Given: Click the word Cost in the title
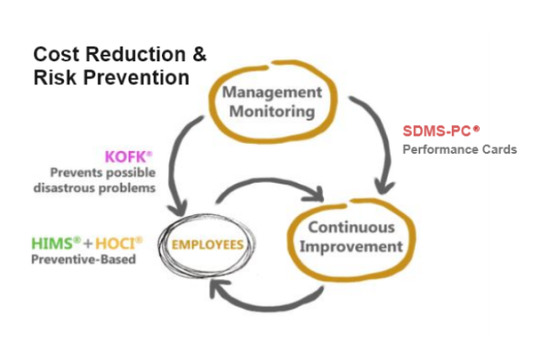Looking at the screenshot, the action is click(x=57, y=54).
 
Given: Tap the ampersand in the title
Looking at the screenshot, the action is click(x=200, y=54).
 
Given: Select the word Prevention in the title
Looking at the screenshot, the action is click(x=137, y=77).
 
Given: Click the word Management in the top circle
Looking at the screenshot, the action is click(x=273, y=92).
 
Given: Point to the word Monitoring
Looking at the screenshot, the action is click(x=273, y=112).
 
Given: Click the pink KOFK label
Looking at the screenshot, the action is click(x=128, y=157).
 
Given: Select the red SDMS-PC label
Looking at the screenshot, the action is click(x=441, y=131).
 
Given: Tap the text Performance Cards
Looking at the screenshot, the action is click(x=460, y=149).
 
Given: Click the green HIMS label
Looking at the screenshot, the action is click(x=56, y=243).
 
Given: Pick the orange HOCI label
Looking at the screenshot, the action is click(x=119, y=243).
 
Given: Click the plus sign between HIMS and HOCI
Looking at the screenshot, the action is click(x=88, y=244).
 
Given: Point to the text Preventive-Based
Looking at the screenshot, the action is click(x=84, y=259).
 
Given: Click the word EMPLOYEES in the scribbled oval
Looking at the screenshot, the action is click(x=208, y=245).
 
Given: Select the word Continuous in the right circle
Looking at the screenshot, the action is click(x=351, y=228).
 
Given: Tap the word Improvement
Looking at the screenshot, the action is click(x=351, y=247).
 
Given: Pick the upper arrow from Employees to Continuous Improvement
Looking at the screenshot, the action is click(x=272, y=180).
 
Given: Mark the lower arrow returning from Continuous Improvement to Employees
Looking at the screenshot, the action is click(x=268, y=307).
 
